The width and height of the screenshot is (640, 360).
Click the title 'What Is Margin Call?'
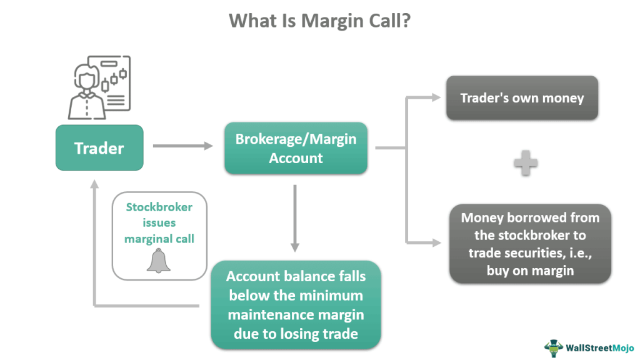pos(319,21)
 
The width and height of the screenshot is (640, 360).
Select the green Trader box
pos(99,148)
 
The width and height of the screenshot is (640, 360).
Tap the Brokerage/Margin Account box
pos(296,148)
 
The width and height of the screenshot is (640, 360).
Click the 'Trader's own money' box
pos(522,98)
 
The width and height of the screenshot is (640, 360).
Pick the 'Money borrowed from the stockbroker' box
pos(530,244)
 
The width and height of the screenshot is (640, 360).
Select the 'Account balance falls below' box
pos(296,305)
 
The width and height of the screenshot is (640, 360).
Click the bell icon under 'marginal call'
pos(159,261)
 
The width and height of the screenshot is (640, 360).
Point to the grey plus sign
pos(525,164)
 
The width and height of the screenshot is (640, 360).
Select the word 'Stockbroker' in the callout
pos(159,207)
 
